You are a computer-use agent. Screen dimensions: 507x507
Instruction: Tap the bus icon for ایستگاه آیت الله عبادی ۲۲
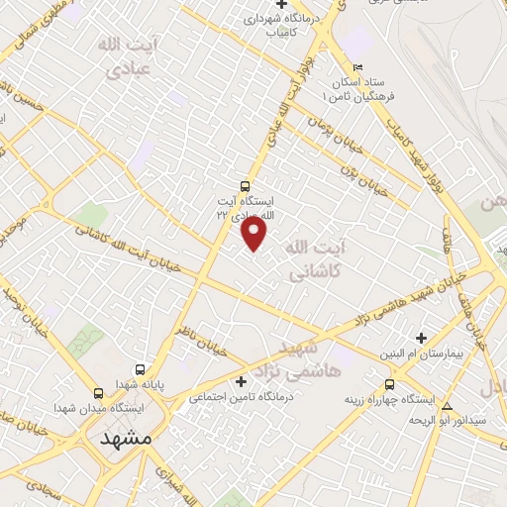(x=246, y=185)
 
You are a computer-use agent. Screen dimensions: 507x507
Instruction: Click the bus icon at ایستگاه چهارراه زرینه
(x=388, y=384)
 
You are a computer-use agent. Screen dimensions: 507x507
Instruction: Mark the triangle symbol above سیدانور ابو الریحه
(x=448, y=406)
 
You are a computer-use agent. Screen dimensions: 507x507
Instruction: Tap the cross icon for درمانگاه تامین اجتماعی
(x=241, y=381)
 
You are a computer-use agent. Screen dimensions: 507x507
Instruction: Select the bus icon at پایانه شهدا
(x=141, y=368)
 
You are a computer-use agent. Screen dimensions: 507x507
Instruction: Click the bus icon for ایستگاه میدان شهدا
(x=97, y=392)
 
